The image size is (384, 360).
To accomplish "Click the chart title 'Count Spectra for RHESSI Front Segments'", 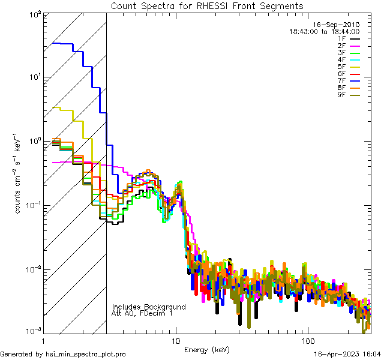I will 207,6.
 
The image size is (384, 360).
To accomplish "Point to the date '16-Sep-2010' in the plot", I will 338,25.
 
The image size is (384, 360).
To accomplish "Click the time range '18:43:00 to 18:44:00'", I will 325,31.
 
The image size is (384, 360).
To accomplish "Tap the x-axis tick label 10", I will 175,341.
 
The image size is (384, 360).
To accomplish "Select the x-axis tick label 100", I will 307,341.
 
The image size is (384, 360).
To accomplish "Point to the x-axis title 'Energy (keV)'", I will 207,349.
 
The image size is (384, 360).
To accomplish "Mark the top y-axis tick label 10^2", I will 34,14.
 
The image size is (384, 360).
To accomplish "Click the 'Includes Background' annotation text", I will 149,307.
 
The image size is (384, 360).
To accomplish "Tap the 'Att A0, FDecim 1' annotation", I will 142,313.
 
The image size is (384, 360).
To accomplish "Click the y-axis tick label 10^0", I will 34,142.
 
